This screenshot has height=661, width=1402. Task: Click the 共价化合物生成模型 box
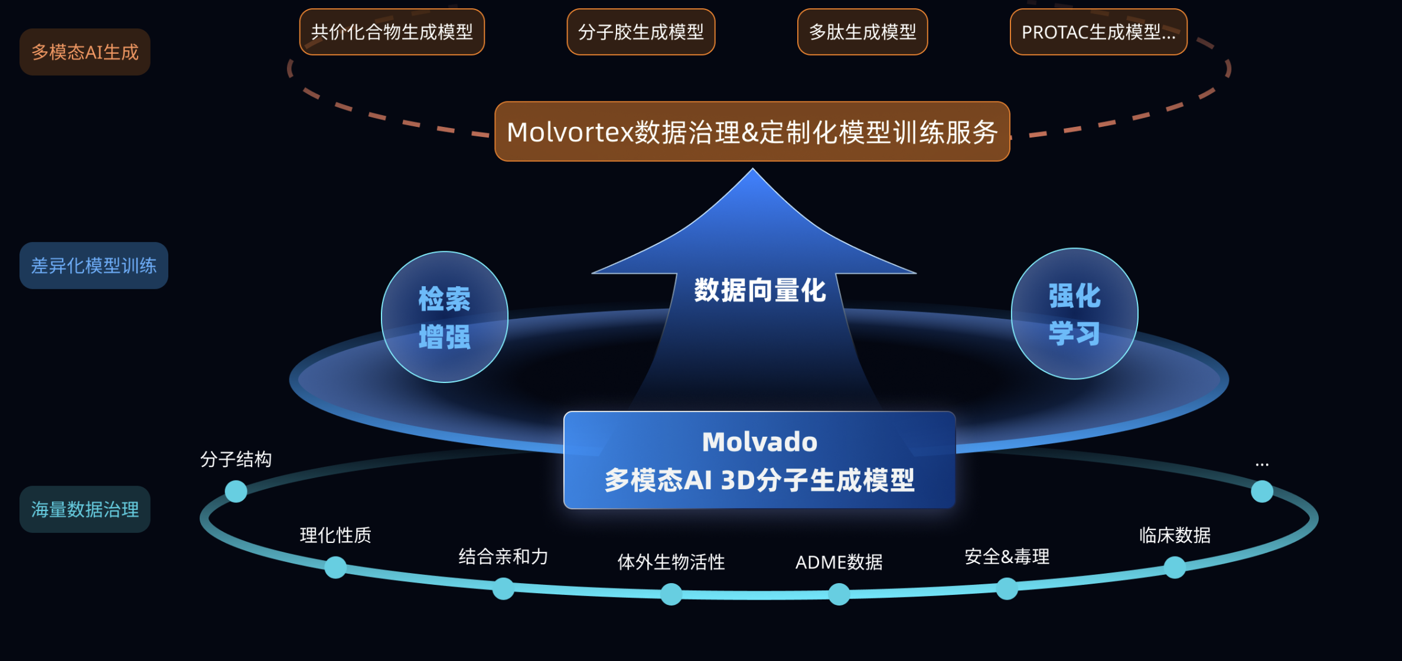pyautogui.click(x=392, y=32)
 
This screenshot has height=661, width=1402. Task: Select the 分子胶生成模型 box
pyautogui.click(x=641, y=32)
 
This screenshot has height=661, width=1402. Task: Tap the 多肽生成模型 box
pyautogui.click(x=862, y=32)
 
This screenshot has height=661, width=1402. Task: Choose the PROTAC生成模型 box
pyautogui.click(x=1098, y=32)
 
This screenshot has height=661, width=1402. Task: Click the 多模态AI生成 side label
pyautogui.click(x=85, y=52)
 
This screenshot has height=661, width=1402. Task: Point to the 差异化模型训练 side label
pyautogui.click(x=94, y=266)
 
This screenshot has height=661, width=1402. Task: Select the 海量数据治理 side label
pyautogui.click(x=85, y=509)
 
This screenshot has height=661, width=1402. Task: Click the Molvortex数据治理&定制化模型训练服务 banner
pyautogui.click(x=752, y=132)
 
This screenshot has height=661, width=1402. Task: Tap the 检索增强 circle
pyautogui.click(x=445, y=317)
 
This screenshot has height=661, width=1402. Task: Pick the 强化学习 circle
pyautogui.click(x=1075, y=313)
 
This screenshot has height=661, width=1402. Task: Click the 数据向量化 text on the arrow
pyautogui.click(x=760, y=290)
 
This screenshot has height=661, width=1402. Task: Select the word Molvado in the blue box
pyautogui.click(x=760, y=442)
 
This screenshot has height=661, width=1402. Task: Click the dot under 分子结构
pyautogui.click(x=236, y=491)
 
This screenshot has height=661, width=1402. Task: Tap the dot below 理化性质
pyautogui.click(x=335, y=567)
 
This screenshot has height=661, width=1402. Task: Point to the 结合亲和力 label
pyautogui.click(x=503, y=557)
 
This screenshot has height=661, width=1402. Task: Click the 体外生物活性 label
pyautogui.click(x=671, y=562)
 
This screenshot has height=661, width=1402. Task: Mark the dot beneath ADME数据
pyautogui.click(x=839, y=594)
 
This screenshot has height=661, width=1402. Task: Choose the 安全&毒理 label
pyautogui.click(x=1007, y=557)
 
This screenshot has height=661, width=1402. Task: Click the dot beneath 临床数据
pyautogui.click(x=1175, y=568)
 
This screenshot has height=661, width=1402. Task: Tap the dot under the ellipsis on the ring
pyautogui.click(x=1262, y=491)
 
